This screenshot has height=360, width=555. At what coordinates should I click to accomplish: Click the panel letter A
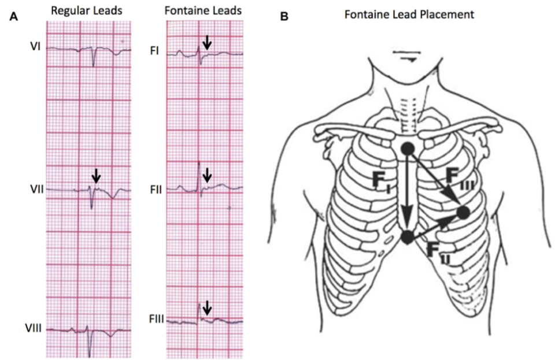(13, 16)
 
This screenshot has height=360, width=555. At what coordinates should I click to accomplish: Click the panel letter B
(284, 16)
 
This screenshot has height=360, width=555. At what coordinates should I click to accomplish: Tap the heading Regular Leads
(86, 10)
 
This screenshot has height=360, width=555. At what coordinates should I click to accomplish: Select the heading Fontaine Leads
(203, 10)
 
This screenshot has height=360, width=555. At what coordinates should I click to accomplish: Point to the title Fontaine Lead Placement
(409, 14)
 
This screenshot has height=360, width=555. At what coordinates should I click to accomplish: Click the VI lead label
(35, 46)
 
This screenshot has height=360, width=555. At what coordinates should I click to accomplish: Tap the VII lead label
(37, 190)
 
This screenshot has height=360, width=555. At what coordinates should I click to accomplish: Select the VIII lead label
(33, 329)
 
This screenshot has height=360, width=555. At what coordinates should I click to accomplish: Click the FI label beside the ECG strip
(154, 51)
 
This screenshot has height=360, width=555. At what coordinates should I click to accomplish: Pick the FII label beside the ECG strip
(156, 190)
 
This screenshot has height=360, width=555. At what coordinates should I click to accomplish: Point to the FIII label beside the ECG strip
(157, 320)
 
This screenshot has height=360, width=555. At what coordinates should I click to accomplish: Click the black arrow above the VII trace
(96, 176)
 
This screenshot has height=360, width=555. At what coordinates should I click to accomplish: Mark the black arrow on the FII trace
(207, 175)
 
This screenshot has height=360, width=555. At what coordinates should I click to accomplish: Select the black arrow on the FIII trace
(207, 307)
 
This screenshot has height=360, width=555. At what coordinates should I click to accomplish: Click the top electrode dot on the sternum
(408, 149)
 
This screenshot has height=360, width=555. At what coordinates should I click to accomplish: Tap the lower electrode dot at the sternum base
(408, 236)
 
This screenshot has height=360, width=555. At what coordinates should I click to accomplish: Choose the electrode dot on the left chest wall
(463, 213)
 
